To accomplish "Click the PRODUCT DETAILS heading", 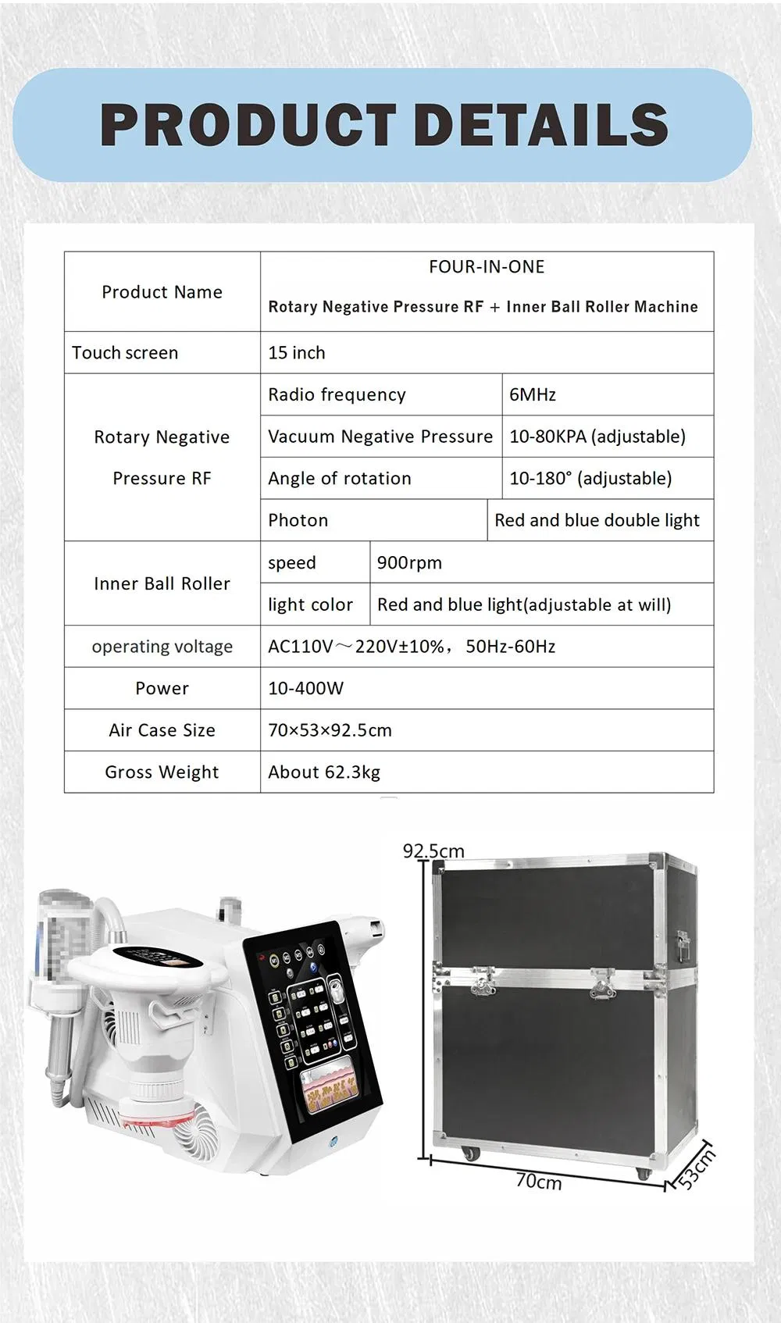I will pos(384,125).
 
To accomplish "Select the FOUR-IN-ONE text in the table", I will pos(487,267).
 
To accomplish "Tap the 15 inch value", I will pos(297,353).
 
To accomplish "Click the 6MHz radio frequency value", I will pos(533,395).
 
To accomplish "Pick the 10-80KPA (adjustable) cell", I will pos(597,437).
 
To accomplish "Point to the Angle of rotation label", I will pos(340,479).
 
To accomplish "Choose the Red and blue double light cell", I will pos(597,521).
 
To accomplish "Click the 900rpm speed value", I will pos(409,563).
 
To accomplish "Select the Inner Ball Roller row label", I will pos(162,584).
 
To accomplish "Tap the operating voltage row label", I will pos(162,647).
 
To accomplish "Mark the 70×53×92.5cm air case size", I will pos(330,731).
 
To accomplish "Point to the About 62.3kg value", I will pos(324,772).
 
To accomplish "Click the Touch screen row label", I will pos(125,353).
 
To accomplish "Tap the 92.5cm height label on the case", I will pos(433,850).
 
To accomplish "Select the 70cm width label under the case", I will pos(538,1182).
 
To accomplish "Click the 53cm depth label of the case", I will pos(695,1168).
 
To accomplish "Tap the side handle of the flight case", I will pos(683,947).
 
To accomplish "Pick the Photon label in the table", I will pos(298,521).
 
